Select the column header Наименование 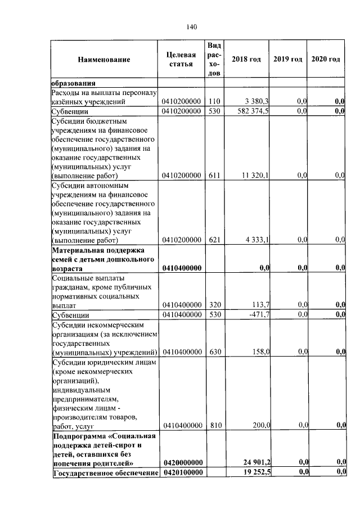click(104, 60)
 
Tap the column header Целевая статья click(181, 59)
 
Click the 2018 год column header click(246, 60)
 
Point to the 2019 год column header click(288, 60)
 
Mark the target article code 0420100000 click(182, 472)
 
